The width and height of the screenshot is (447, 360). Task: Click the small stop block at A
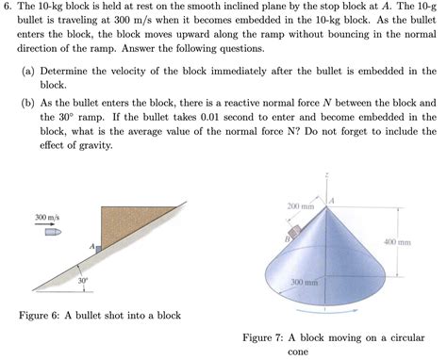tap(97, 246)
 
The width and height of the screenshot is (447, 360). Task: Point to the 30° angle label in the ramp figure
tap(83, 280)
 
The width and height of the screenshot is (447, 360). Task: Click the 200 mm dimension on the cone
tap(300, 205)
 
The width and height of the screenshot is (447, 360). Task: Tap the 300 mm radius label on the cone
tap(304, 282)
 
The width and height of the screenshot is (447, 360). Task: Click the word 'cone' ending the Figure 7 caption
tap(299, 352)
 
